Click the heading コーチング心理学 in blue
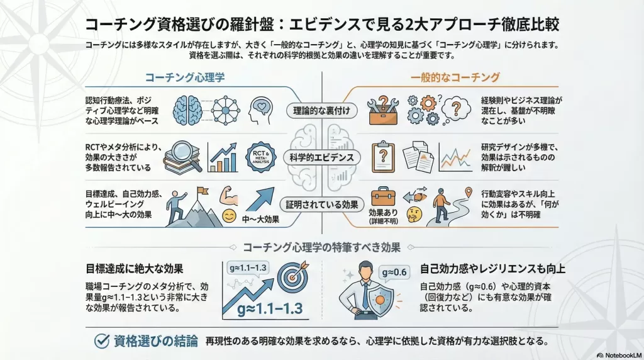pos(185,77)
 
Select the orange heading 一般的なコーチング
pos(455,77)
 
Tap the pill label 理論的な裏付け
pos(321,111)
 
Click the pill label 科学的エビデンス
pos(321,157)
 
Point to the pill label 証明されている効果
pos(321,205)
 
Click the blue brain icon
pos(187,111)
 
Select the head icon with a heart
pos(260,110)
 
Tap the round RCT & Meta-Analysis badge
pos(261,157)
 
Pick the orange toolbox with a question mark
pos(383,110)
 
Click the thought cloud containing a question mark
pos(456,108)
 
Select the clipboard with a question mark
pos(383,157)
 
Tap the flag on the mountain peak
pos(202,191)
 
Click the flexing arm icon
pos(229,196)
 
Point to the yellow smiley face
pos(229,216)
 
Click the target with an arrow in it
pos(292,276)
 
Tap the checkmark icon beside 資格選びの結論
pos(102,340)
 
